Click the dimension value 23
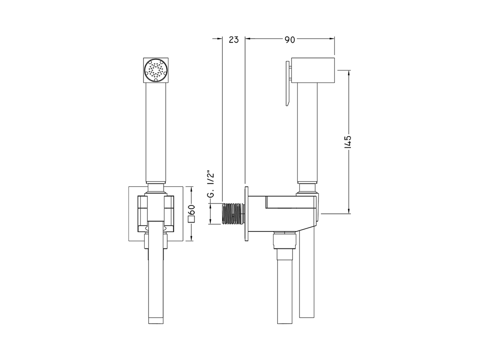(234, 40)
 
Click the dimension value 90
(290, 40)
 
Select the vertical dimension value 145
(348, 142)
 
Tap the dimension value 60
(191, 210)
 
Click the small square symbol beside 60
(192, 219)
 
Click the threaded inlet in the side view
(233, 213)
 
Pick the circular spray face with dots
(156, 70)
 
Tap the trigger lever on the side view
(288, 83)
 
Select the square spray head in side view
(313, 70)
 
